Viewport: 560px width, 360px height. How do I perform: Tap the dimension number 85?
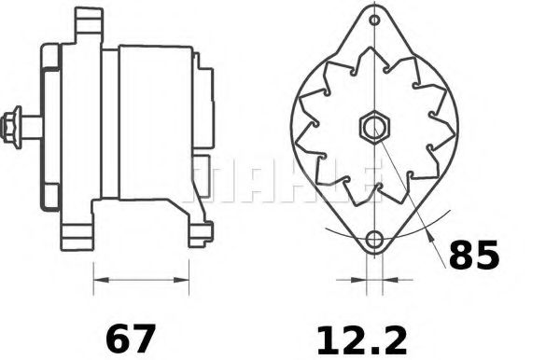(x=474, y=256)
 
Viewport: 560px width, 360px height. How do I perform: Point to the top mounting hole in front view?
(x=374, y=21)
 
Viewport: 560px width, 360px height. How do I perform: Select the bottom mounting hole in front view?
(x=374, y=240)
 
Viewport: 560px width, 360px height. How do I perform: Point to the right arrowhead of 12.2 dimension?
(x=387, y=277)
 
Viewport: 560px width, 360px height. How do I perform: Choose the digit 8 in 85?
(x=460, y=256)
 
